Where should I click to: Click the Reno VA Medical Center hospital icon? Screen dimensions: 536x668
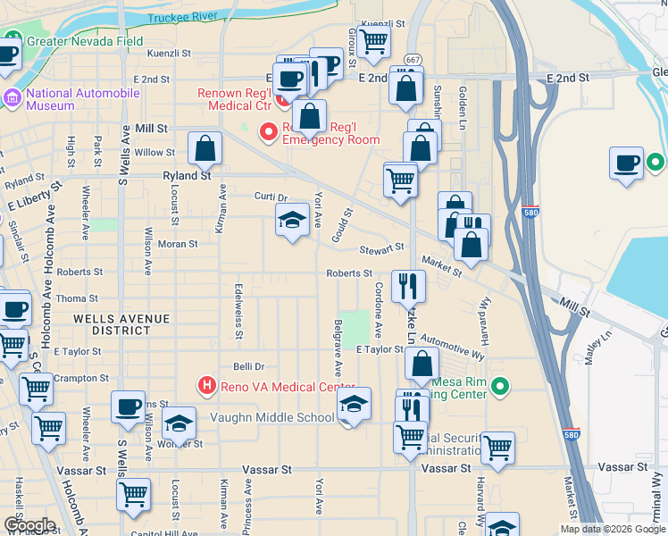coord(207,387)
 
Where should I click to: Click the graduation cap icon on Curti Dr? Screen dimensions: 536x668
coord(292,222)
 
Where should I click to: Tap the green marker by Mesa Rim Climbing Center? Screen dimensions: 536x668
coord(500,387)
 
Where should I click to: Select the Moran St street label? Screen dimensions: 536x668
coord(178,243)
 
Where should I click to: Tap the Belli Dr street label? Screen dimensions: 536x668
coord(249,366)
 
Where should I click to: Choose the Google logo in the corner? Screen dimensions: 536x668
coord(29,525)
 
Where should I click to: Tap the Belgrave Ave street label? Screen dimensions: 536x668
coord(338,347)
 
